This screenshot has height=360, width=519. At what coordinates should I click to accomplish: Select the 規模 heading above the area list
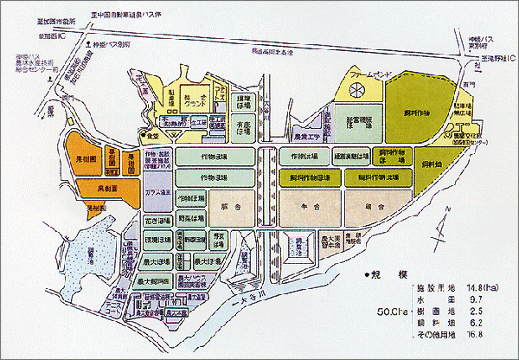coord(381,274)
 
